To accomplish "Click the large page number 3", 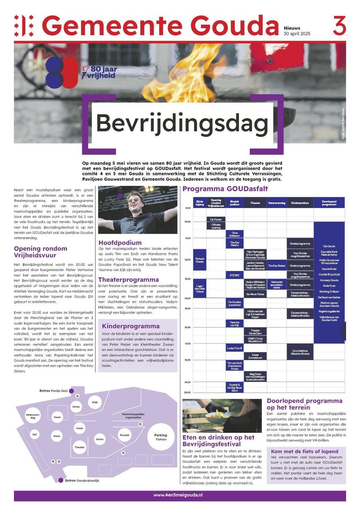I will pos(340,26).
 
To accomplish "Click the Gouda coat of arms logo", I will pos(24,26).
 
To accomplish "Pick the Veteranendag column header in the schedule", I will pos(276,203).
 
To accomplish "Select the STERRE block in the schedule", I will pos(234,275).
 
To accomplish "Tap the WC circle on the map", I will pos(34,435).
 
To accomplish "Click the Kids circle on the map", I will pos(95,402).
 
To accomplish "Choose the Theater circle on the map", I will pos(80,447).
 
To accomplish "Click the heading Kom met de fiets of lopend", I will pos(304,451).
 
